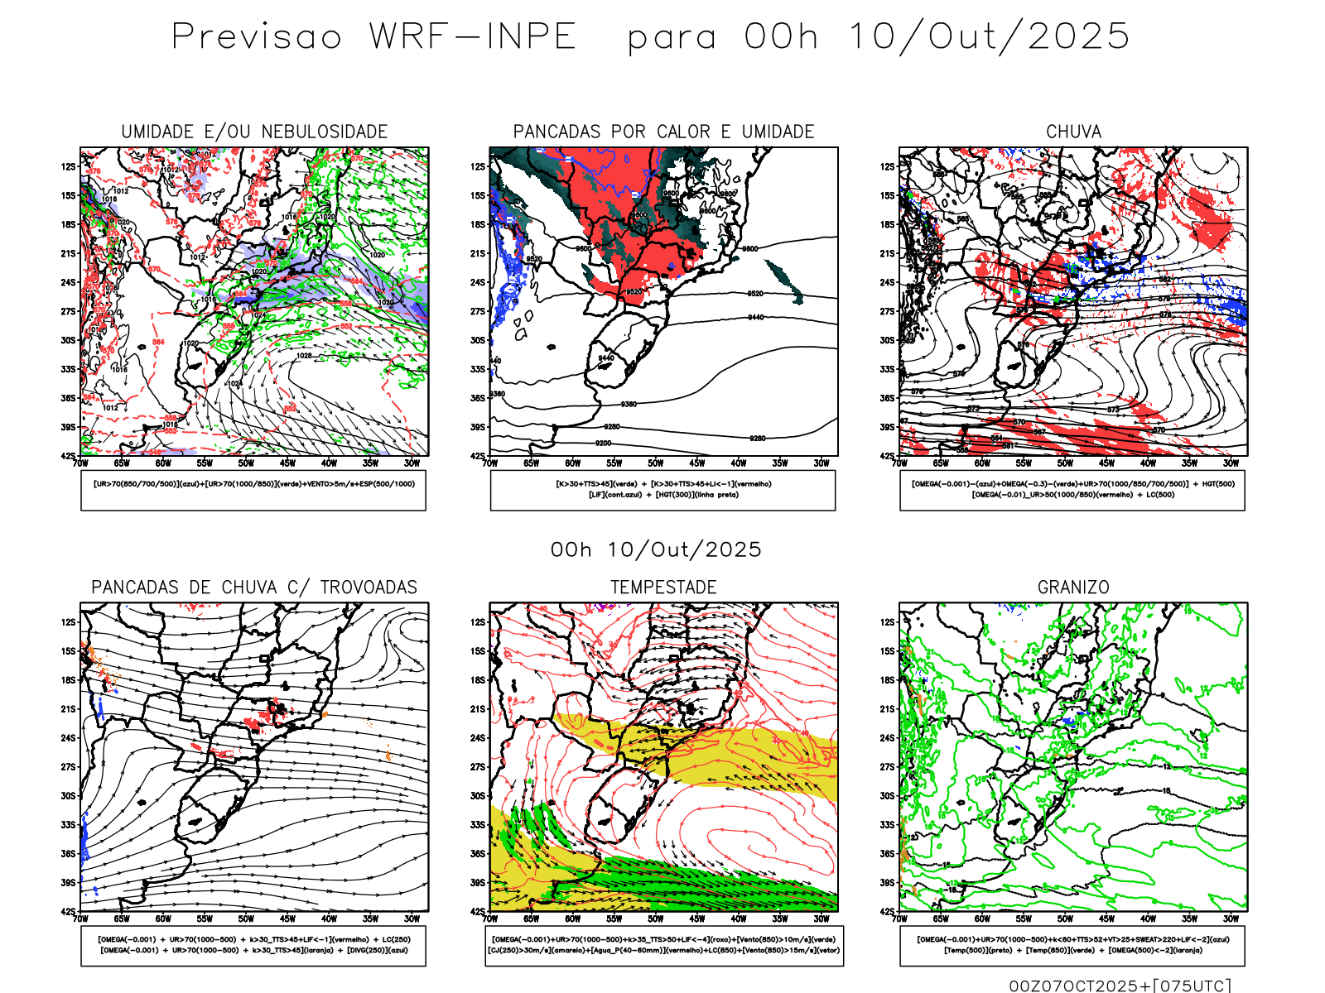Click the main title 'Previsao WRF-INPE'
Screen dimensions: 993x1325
pyautogui.click(x=373, y=37)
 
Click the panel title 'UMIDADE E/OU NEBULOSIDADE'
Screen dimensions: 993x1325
pyautogui.click(x=254, y=132)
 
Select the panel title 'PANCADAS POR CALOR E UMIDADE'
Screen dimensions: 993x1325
pyautogui.click(x=663, y=132)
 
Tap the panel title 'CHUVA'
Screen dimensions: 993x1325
pyautogui.click(x=1073, y=132)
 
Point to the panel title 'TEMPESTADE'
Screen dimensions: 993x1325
pyautogui.click(x=663, y=588)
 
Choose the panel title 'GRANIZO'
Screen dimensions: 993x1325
pyautogui.click(x=1073, y=588)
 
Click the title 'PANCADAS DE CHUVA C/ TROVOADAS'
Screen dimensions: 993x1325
pyautogui.click(x=254, y=588)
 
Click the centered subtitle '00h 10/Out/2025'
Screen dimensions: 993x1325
pyautogui.click(x=656, y=549)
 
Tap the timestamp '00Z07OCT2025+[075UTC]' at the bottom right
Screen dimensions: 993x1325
pyautogui.click(x=1120, y=986)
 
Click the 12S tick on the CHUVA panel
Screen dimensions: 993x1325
pyautogui.click(x=888, y=166)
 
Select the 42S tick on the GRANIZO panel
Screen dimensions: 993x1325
pyautogui.click(x=888, y=912)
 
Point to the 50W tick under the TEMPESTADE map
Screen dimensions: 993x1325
pyautogui.click(x=655, y=919)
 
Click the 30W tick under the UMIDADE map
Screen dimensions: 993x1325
pyautogui.click(x=412, y=463)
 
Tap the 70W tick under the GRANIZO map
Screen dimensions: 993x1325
pyautogui.click(x=900, y=919)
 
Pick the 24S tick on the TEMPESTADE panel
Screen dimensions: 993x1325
pyautogui.click(x=478, y=738)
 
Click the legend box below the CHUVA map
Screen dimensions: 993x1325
pyautogui.click(x=1072, y=490)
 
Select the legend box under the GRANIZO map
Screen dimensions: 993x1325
pyautogui.click(x=1072, y=945)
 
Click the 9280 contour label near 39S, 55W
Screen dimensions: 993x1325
pyautogui.click(x=611, y=427)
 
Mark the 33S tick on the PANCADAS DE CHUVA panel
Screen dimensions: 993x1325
pyautogui.click(x=68, y=825)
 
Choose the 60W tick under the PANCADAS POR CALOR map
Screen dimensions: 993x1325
pyautogui.click(x=572, y=463)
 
